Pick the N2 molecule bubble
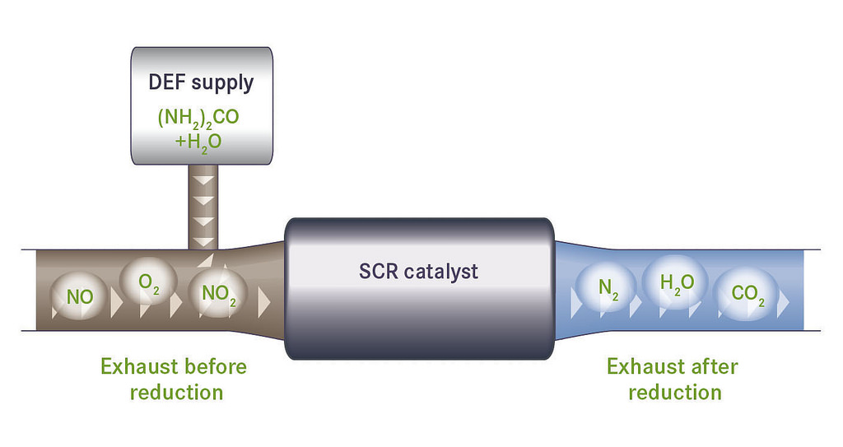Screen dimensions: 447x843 [607, 288]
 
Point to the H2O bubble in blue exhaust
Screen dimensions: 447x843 [676, 282]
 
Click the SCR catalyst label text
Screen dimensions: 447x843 [418, 271]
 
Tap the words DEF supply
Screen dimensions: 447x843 [201, 82]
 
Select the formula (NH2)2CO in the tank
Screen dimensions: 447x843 [198, 117]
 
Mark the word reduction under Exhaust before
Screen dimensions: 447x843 [176, 392]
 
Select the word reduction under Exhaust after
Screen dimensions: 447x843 [674, 392]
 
